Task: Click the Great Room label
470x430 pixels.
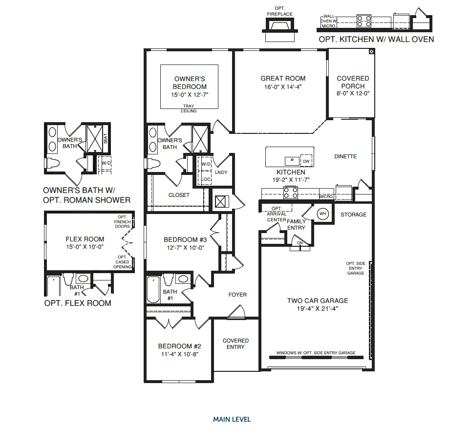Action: tap(283, 78)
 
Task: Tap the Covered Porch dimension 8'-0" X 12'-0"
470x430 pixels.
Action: tap(353, 94)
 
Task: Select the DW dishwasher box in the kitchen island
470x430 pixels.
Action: tap(306, 161)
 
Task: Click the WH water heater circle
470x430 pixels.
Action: tap(322, 214)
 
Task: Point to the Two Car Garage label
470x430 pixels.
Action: tap(318, 301)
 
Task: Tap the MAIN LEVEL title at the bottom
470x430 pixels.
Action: tap(232, 419)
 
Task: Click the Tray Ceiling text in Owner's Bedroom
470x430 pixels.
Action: tap(189, 108)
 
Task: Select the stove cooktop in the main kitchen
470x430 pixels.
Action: tap(290, 193)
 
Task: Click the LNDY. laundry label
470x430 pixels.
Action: tap(222, 172)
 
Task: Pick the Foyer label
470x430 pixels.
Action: tap(237, 295)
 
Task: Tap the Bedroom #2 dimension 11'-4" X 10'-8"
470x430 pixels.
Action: tap(180, 354)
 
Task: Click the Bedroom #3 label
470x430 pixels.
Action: tap(185, 239)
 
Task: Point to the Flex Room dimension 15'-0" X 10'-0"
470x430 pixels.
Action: tap(85, 247)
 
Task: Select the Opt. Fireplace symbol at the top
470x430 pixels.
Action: tap(280, 26)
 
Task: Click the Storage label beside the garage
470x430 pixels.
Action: tap(353, 215)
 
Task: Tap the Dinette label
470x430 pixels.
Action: tap(345, 156)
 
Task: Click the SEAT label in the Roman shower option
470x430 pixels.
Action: tap(105, 139)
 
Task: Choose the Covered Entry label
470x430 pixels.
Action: tap(236, 344)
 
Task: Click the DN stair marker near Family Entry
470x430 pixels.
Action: tap(299, 243)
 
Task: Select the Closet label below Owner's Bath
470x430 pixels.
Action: tap(179, 195)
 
